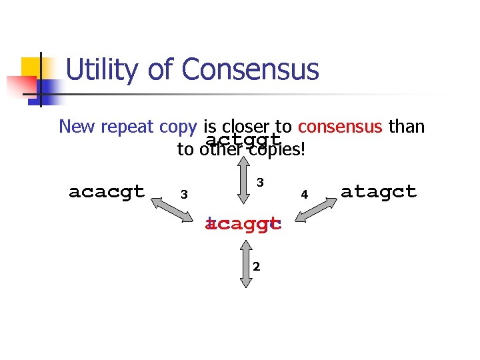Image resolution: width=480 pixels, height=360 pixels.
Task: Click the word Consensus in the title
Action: [250, 70]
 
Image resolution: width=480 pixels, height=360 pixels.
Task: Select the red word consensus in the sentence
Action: [340, 126]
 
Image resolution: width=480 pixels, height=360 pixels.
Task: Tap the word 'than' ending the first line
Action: [405, 126]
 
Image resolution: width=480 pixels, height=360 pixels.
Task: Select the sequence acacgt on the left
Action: [107, 192]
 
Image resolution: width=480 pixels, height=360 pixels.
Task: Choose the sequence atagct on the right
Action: [378, 192]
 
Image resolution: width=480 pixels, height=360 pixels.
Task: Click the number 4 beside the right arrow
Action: [303, 195]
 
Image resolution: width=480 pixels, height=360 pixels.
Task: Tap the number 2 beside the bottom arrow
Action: [256, 267]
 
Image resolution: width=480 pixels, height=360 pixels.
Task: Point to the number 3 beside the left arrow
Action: [184, 195]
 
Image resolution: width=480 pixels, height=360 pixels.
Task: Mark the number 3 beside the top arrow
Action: [261, 181]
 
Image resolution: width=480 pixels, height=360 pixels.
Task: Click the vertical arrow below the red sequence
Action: [246, 262]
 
